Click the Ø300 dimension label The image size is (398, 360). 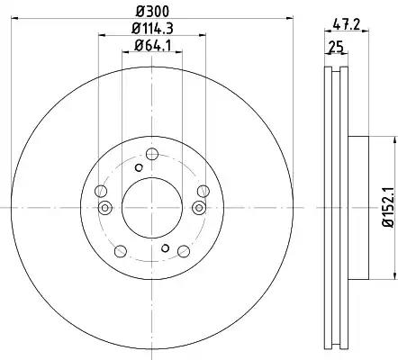152,12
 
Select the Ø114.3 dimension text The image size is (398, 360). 152,29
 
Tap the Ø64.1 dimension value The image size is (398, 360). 152,46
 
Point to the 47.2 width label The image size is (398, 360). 347,24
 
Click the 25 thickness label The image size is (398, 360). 336,47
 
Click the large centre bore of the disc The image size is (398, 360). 152,208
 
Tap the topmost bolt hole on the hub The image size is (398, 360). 152,154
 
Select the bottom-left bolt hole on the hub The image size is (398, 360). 121,251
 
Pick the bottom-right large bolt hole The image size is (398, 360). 184,251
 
